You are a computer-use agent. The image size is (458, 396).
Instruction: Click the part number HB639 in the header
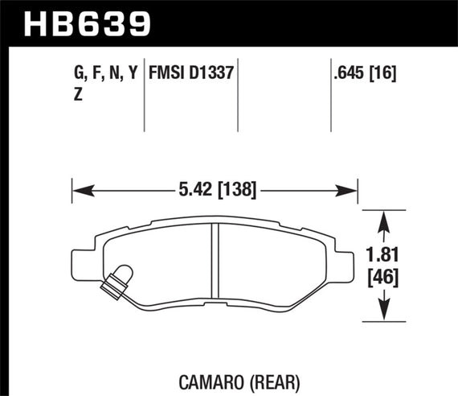point(88,22)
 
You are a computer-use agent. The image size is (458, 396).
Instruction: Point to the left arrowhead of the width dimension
point(80,192)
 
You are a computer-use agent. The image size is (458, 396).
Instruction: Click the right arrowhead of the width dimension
point(351,192)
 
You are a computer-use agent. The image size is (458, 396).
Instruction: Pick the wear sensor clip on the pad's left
point(114,278)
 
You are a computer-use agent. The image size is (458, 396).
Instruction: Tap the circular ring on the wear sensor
point(120,274)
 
